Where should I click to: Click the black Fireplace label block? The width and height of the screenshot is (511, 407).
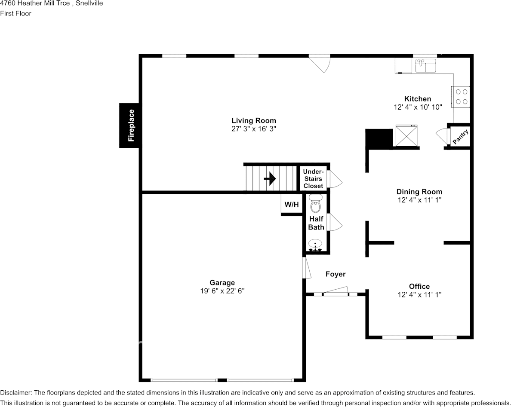(x=130, y=125)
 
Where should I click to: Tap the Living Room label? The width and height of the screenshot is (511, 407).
(x=254, y=120)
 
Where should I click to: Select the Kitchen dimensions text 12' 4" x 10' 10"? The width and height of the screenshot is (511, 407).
(x=418, y=107)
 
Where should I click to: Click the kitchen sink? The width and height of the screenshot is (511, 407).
(x=425, y=66)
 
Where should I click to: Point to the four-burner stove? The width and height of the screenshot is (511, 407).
(x=461, y=97)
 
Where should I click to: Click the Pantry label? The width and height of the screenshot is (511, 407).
(x=461, y=136)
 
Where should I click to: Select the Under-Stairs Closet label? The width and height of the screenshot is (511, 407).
(x=313, y=179)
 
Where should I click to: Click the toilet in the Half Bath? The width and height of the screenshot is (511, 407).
(x=315, y=204)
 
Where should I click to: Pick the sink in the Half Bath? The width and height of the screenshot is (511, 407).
(x=315, y=245)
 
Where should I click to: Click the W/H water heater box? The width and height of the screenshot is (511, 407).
(x=292, y=205)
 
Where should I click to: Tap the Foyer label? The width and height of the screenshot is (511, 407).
(x=336, y=274)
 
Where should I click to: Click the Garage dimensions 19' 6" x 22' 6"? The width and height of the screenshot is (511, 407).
(x=222, y=291)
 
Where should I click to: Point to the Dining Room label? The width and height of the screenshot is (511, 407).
(x=419, y=191)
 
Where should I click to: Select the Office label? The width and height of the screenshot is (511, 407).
(x=419, y=286)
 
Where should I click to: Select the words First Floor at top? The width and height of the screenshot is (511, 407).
(x=15, y=13)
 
